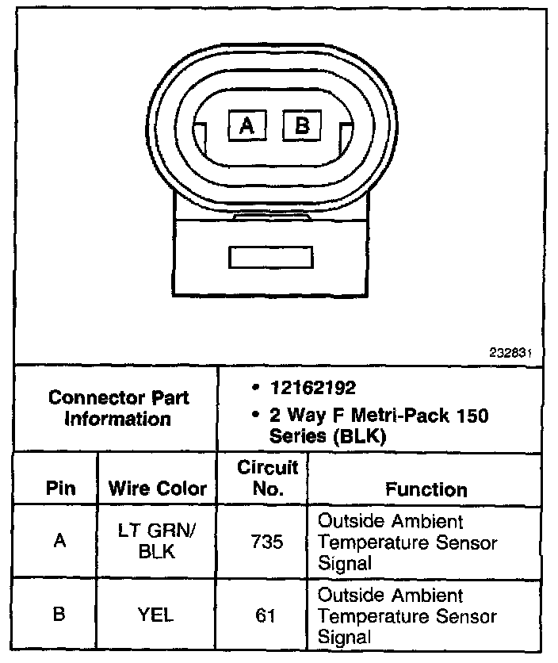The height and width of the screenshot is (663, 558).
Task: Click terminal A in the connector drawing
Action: click(x=247, y=125)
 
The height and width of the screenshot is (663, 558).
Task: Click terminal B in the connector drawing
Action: click(x=302, y=125)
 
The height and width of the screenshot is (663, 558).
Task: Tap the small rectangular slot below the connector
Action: click(x=270, y=257)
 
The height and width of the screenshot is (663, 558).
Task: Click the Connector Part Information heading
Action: click(x=118, y=408)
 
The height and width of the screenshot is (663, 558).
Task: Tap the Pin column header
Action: click(x=60, y=489)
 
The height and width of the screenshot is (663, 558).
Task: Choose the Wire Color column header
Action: click(x=157, y=489)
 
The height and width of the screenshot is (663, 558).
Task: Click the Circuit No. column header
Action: click(x=267, y=478)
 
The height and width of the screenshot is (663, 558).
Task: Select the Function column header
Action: click(x=426, y=489)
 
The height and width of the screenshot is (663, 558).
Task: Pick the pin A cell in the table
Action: click(x=60, y=542)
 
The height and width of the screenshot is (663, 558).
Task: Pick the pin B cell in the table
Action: click(x=60, y=615)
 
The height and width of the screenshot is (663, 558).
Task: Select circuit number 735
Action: click(x=267, y=543)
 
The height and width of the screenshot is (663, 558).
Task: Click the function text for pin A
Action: click(x=407, y=543)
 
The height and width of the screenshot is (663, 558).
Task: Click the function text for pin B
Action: click(x=407, y=615)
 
